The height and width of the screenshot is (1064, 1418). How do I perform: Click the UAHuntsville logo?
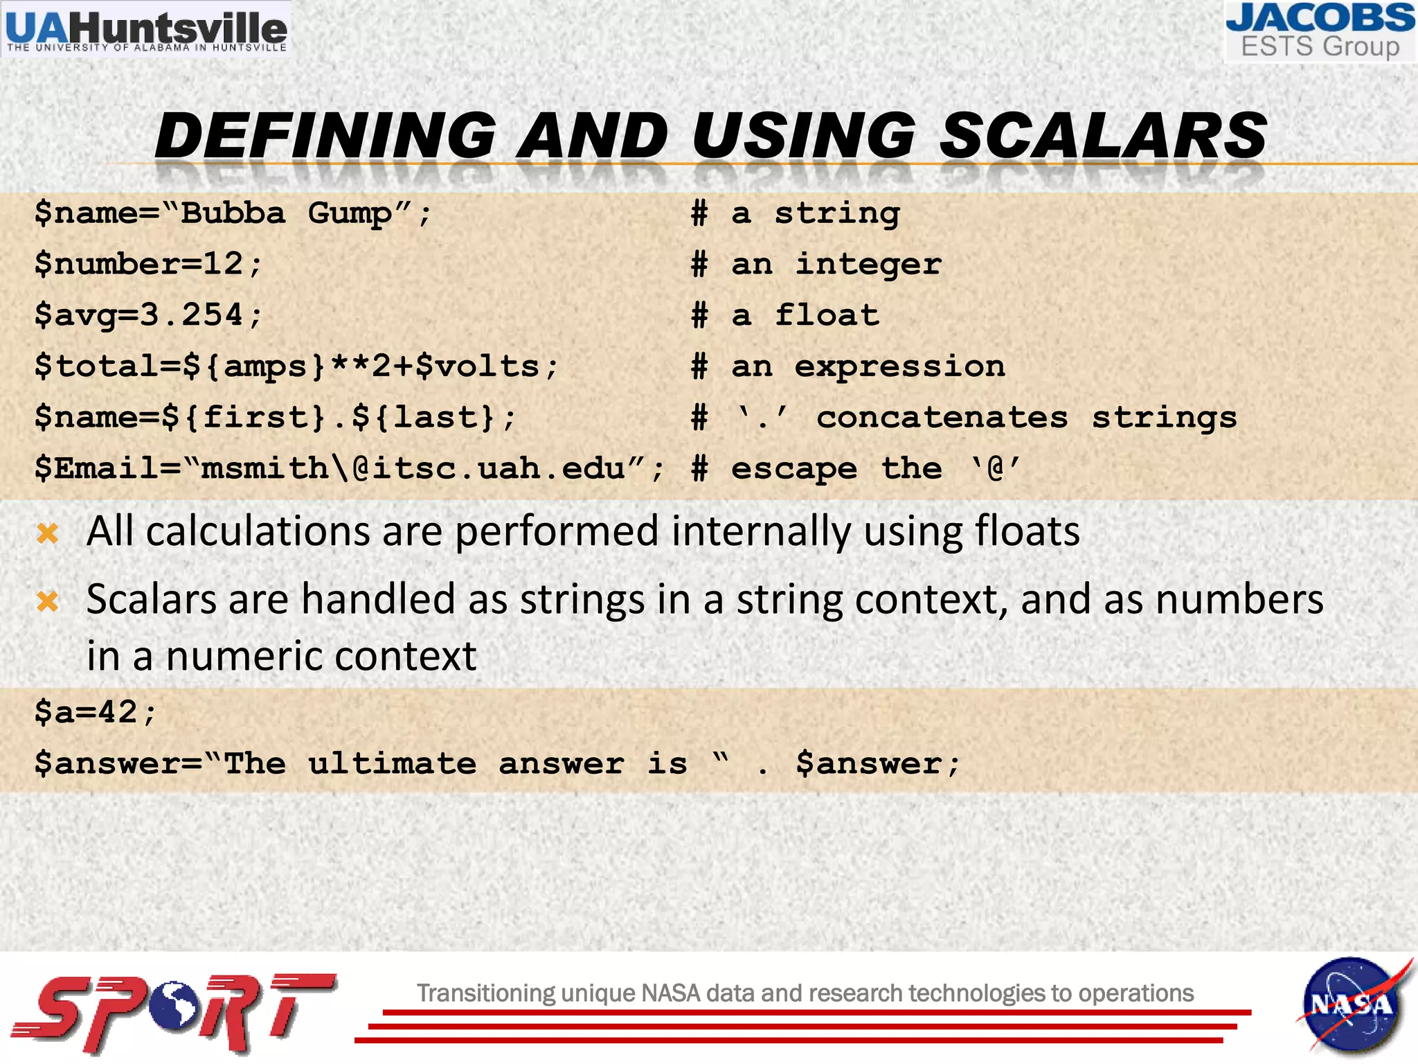[146, 30]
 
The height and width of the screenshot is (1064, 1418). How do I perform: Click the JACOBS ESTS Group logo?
[1320, 32]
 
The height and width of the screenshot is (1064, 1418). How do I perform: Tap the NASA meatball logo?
[1351, 1005]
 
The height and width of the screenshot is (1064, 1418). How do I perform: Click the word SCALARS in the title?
[1102, 135]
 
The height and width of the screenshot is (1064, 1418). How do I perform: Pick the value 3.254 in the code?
[191, 315]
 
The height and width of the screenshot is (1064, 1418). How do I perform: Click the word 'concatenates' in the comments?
[942, 418]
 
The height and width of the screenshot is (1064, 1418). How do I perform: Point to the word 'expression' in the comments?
[899, 366]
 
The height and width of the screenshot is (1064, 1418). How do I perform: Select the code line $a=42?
[96, 712]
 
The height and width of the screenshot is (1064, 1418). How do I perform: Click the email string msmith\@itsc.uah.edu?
[413, 469]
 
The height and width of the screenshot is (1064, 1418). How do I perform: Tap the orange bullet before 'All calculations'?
[48, 533]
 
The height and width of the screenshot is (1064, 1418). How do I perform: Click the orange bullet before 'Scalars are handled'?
[48, 601]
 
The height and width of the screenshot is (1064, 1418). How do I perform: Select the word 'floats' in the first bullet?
[1027, 532]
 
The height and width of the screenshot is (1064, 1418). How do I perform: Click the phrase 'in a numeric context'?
[281, 656]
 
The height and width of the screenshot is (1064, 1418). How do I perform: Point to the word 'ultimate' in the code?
[392, 764]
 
